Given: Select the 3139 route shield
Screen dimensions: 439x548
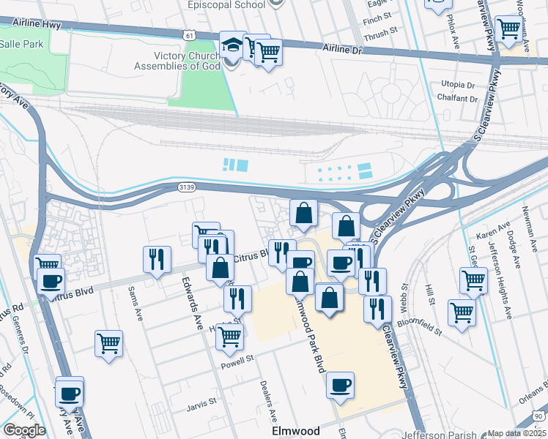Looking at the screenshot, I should pyautogui.click(x=185, y=188).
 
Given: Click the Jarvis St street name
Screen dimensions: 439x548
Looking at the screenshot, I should pyautogui.click(x=203, y=402).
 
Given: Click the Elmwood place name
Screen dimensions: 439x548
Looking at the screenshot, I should pyautogui.click(x=295, y=431).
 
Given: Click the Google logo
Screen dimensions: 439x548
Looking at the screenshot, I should pyautogui.click(x=24, y=430).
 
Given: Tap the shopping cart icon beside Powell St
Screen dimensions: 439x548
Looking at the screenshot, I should pyautogui.click(x=229, y=337).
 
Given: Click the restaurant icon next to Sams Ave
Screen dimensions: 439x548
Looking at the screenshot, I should pyautogui.click(x=157, y=258).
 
